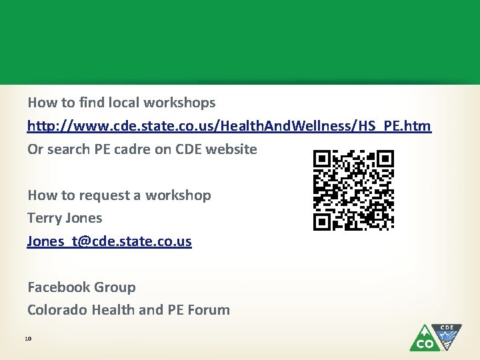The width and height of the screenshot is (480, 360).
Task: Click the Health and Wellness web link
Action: point(229,126)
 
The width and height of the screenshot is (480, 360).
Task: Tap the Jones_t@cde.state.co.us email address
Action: point(109,241)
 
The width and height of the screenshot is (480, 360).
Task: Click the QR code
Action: point(353,190)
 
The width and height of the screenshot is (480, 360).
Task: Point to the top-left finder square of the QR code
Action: point(323,159)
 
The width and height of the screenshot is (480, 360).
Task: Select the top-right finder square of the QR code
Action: point(385,159)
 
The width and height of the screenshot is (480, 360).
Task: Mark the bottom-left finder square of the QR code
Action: point(323,221)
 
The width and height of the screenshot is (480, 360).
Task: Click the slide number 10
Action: point(28,339)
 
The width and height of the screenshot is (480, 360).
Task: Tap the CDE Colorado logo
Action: point(435,337)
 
